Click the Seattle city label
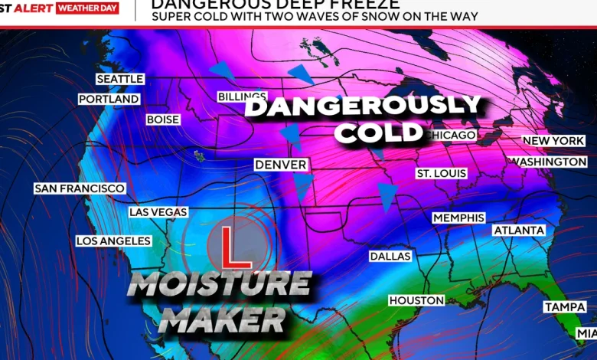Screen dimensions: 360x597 (119, 80)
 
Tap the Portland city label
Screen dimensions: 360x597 (109, 100)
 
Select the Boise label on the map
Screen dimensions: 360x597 (163, 120)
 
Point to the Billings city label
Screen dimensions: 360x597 (242, 97)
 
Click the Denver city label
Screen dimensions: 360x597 (281, 165)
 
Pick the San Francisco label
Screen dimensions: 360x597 (79, 188)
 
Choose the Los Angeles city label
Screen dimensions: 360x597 (113, 241)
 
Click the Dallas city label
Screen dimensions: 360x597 (390, 257)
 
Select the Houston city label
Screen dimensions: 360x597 (416, 301)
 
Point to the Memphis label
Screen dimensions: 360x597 (458, 218)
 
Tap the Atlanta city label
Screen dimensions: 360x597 (519, 231)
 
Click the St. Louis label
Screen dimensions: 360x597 (441, 174)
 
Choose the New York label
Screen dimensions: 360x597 (553, 141)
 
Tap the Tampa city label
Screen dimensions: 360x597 (565, 307)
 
